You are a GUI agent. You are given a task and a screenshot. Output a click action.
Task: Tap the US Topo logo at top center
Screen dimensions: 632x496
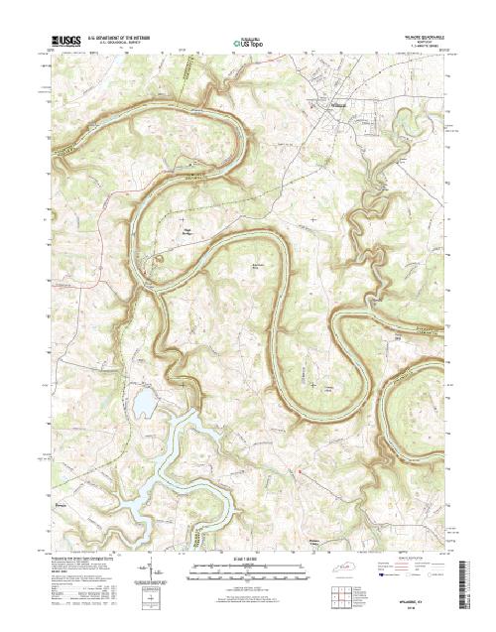248,43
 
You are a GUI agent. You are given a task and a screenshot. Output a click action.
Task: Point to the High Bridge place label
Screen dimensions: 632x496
186,234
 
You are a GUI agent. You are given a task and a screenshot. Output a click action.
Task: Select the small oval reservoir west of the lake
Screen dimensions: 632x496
144,401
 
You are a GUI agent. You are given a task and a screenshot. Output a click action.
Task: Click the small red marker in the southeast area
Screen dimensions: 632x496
297,469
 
